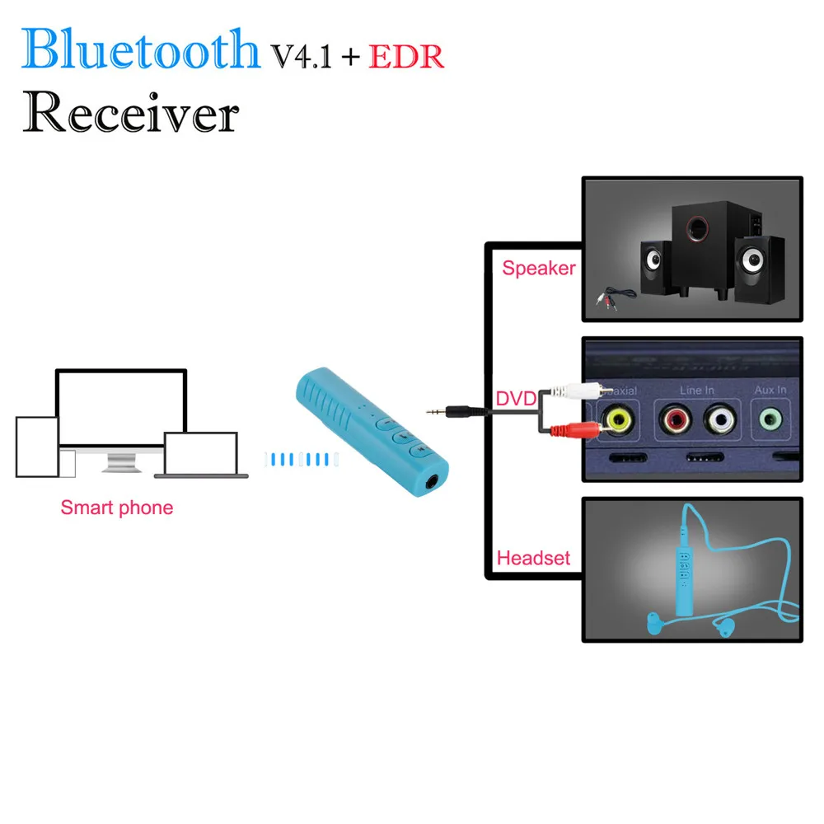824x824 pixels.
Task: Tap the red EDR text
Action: [406, 56]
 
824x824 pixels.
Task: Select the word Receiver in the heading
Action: [130, 113]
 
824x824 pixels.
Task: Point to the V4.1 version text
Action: [301, 56]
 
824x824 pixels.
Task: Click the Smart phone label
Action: [116, 508]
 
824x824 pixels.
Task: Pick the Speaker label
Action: [538, 269]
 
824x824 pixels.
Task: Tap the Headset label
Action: [533, 558]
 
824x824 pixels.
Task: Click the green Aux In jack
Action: [770, 419]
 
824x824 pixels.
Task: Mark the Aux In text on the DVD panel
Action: [770, 390]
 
